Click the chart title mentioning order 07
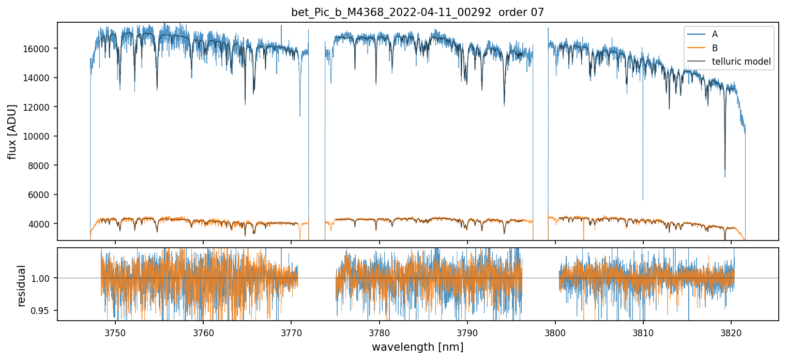coord(417,12)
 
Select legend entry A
coord(715,35)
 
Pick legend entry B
coord(715,48)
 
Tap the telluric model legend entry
coord(741,62)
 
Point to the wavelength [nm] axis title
coord(417,347)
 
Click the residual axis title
coord(22,286)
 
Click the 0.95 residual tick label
coord(45,311)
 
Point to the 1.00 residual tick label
coord(45,278)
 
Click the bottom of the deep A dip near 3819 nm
coord(724,177)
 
